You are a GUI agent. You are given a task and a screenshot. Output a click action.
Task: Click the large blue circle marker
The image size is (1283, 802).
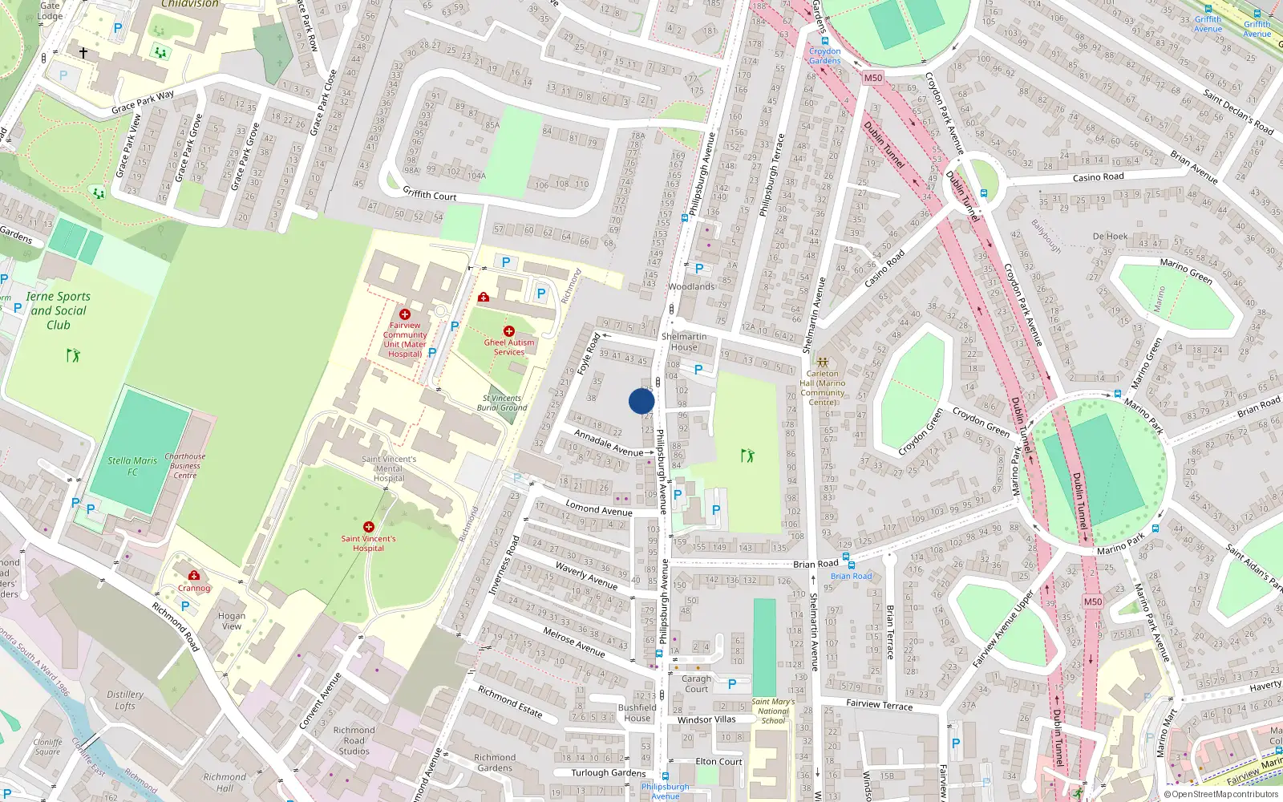coord(641,401)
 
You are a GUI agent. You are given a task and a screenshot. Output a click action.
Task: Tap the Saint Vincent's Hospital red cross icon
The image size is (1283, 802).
coord(369,527)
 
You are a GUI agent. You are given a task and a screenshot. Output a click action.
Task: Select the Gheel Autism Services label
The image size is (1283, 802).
coord(509,347)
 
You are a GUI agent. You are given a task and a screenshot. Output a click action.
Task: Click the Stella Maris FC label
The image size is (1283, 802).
coord(132,466)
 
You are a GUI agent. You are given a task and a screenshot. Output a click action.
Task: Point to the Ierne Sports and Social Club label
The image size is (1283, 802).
coord(59,310)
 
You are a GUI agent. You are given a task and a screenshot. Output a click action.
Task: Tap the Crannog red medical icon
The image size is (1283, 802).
coord(194,575)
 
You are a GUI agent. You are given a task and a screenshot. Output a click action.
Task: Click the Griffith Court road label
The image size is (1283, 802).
coord(429,194)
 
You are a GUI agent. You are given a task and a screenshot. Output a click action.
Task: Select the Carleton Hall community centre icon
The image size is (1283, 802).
coord(822,362)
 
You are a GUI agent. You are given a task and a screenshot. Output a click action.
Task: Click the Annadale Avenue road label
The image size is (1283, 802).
coord(609,444)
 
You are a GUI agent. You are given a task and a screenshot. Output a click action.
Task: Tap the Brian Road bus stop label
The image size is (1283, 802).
coord(851,576)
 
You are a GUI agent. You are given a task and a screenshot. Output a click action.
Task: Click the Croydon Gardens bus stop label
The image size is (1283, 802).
coord(824,55)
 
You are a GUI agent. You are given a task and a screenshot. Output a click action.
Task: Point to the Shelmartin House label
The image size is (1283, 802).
coord(684,342)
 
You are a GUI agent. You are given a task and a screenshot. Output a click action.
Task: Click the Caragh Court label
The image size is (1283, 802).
coord(696,683)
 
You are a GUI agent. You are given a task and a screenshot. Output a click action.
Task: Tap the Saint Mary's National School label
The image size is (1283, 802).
coord(773,711)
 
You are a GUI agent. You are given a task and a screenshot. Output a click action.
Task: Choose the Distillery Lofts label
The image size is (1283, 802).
coord(125,700)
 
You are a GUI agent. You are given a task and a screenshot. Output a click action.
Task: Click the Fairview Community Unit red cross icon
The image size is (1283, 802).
coord(405,314)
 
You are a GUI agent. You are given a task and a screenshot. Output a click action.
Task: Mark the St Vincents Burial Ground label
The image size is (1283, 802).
coord(502,403)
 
